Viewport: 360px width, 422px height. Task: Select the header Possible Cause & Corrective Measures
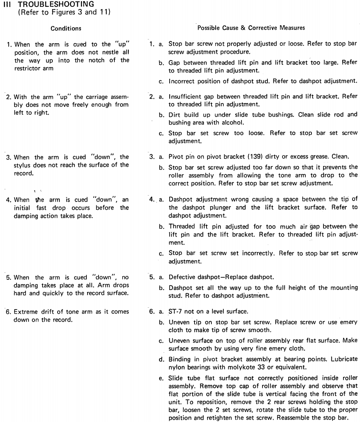point(252,28)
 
